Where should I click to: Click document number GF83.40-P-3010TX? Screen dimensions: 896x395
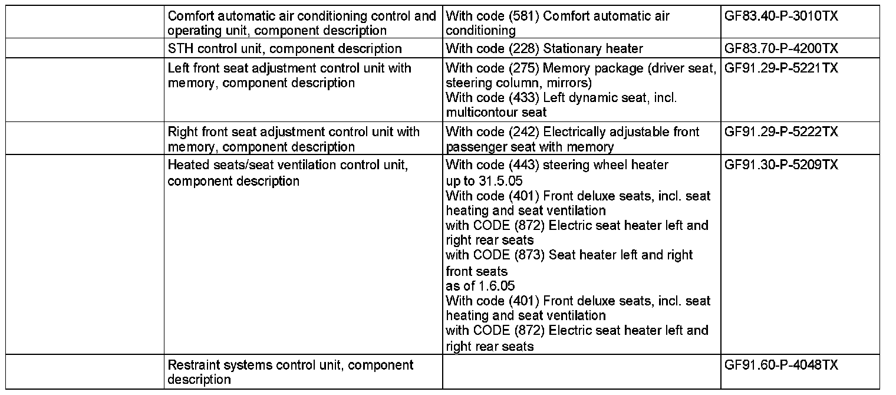click(781, 15)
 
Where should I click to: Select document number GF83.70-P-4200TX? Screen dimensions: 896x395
click(781, 48)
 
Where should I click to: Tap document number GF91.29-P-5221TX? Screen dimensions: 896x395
click(781, 68)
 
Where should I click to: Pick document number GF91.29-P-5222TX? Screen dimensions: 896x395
click(781, 131)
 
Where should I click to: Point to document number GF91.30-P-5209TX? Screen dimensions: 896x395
click(781, 165)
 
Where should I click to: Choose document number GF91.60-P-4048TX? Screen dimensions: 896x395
click(781, 366)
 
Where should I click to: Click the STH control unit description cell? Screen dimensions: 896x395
click(285, 48)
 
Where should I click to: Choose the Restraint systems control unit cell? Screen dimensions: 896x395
click(291, 372)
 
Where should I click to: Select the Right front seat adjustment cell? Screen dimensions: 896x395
click(294, 139)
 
